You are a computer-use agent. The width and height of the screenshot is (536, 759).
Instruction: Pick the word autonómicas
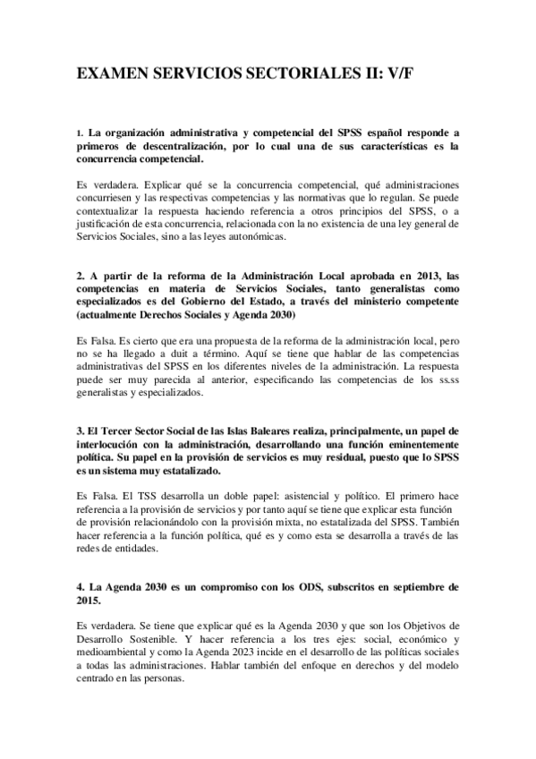tap(255, 237)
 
